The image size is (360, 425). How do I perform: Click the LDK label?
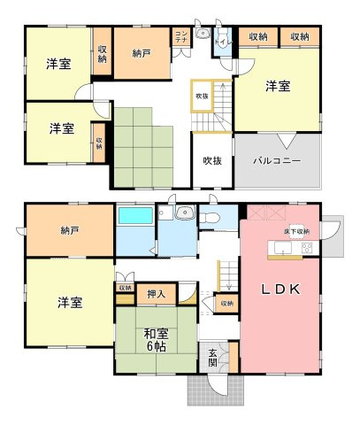pyautogui.click(x=281, y=290)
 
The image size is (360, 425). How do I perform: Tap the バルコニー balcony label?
pyautogui.click(x=276, y=161)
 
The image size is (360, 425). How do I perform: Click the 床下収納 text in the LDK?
pyautogui.click(x=296, y=232)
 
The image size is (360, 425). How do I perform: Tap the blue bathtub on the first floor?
pyautogui.click(x=135, y=215)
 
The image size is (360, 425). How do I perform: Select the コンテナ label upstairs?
pyautogui.click(x=180, y=37)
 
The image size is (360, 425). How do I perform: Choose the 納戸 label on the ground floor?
pyautogui.click(x=70, y=231)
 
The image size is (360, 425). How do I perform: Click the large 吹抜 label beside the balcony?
pyautogui.click(x=211, y=161)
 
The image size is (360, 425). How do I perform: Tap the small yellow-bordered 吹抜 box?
pyautogui.click(x=203, y=96)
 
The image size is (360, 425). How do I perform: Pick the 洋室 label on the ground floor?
pyautogui.click(x=70, y=303)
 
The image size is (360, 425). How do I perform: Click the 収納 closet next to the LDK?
pyautogui.click(x=226, y=304)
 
